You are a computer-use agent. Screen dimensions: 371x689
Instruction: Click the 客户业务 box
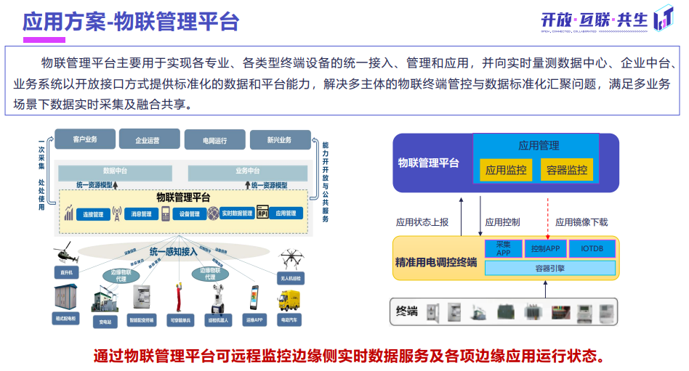pyautogui.click(x=85, y=139)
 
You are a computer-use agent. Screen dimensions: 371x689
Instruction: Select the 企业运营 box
pyautogui.click(x=148, y=140)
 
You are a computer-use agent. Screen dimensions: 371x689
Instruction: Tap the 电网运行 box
pyautogui.click(x=214, y=140)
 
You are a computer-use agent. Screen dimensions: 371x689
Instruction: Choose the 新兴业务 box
pyautogui.click(x=279, y=140)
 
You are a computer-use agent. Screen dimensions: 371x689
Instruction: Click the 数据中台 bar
pyautogui.click(x=115, y=172)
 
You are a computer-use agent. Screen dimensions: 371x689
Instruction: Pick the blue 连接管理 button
pyautogui.click(x=94, y=214)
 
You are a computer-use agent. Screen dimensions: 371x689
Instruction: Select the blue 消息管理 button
pyautogui.click(x=141, y=214)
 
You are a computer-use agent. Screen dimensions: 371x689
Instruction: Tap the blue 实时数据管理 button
pyautogui.click(x=236, y=213)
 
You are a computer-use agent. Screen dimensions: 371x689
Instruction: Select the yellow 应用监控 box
pyautogui.click(x=506, y=170)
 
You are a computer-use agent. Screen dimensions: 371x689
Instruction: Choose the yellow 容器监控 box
pyautogui.click(x=566, y=170)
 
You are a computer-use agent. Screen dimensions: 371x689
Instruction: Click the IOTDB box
pyautogui.click(x=592, y=248)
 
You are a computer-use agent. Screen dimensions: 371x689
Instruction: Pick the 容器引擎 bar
pyautogui.click(x=549, y=268)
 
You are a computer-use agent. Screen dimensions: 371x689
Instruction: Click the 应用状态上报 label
pyautogui.click(x=422, y=222)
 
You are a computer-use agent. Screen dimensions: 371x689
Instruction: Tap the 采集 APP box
pyautogui.click(x=503, y=248)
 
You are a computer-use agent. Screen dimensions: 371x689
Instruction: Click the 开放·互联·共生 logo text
pyautogui.click(x=594, y=20)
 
